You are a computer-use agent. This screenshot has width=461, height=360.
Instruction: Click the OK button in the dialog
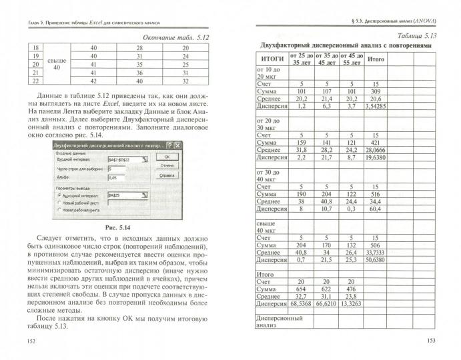(167, 156)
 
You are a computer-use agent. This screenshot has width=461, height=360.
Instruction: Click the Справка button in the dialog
(167, 175)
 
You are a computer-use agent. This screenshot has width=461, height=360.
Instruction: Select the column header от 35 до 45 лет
(326, 59)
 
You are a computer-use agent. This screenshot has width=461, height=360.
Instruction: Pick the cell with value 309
(376, 90)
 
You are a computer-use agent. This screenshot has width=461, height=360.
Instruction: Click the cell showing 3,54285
(376, 105)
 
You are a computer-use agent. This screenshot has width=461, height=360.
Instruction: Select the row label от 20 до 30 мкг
(270, 124)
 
